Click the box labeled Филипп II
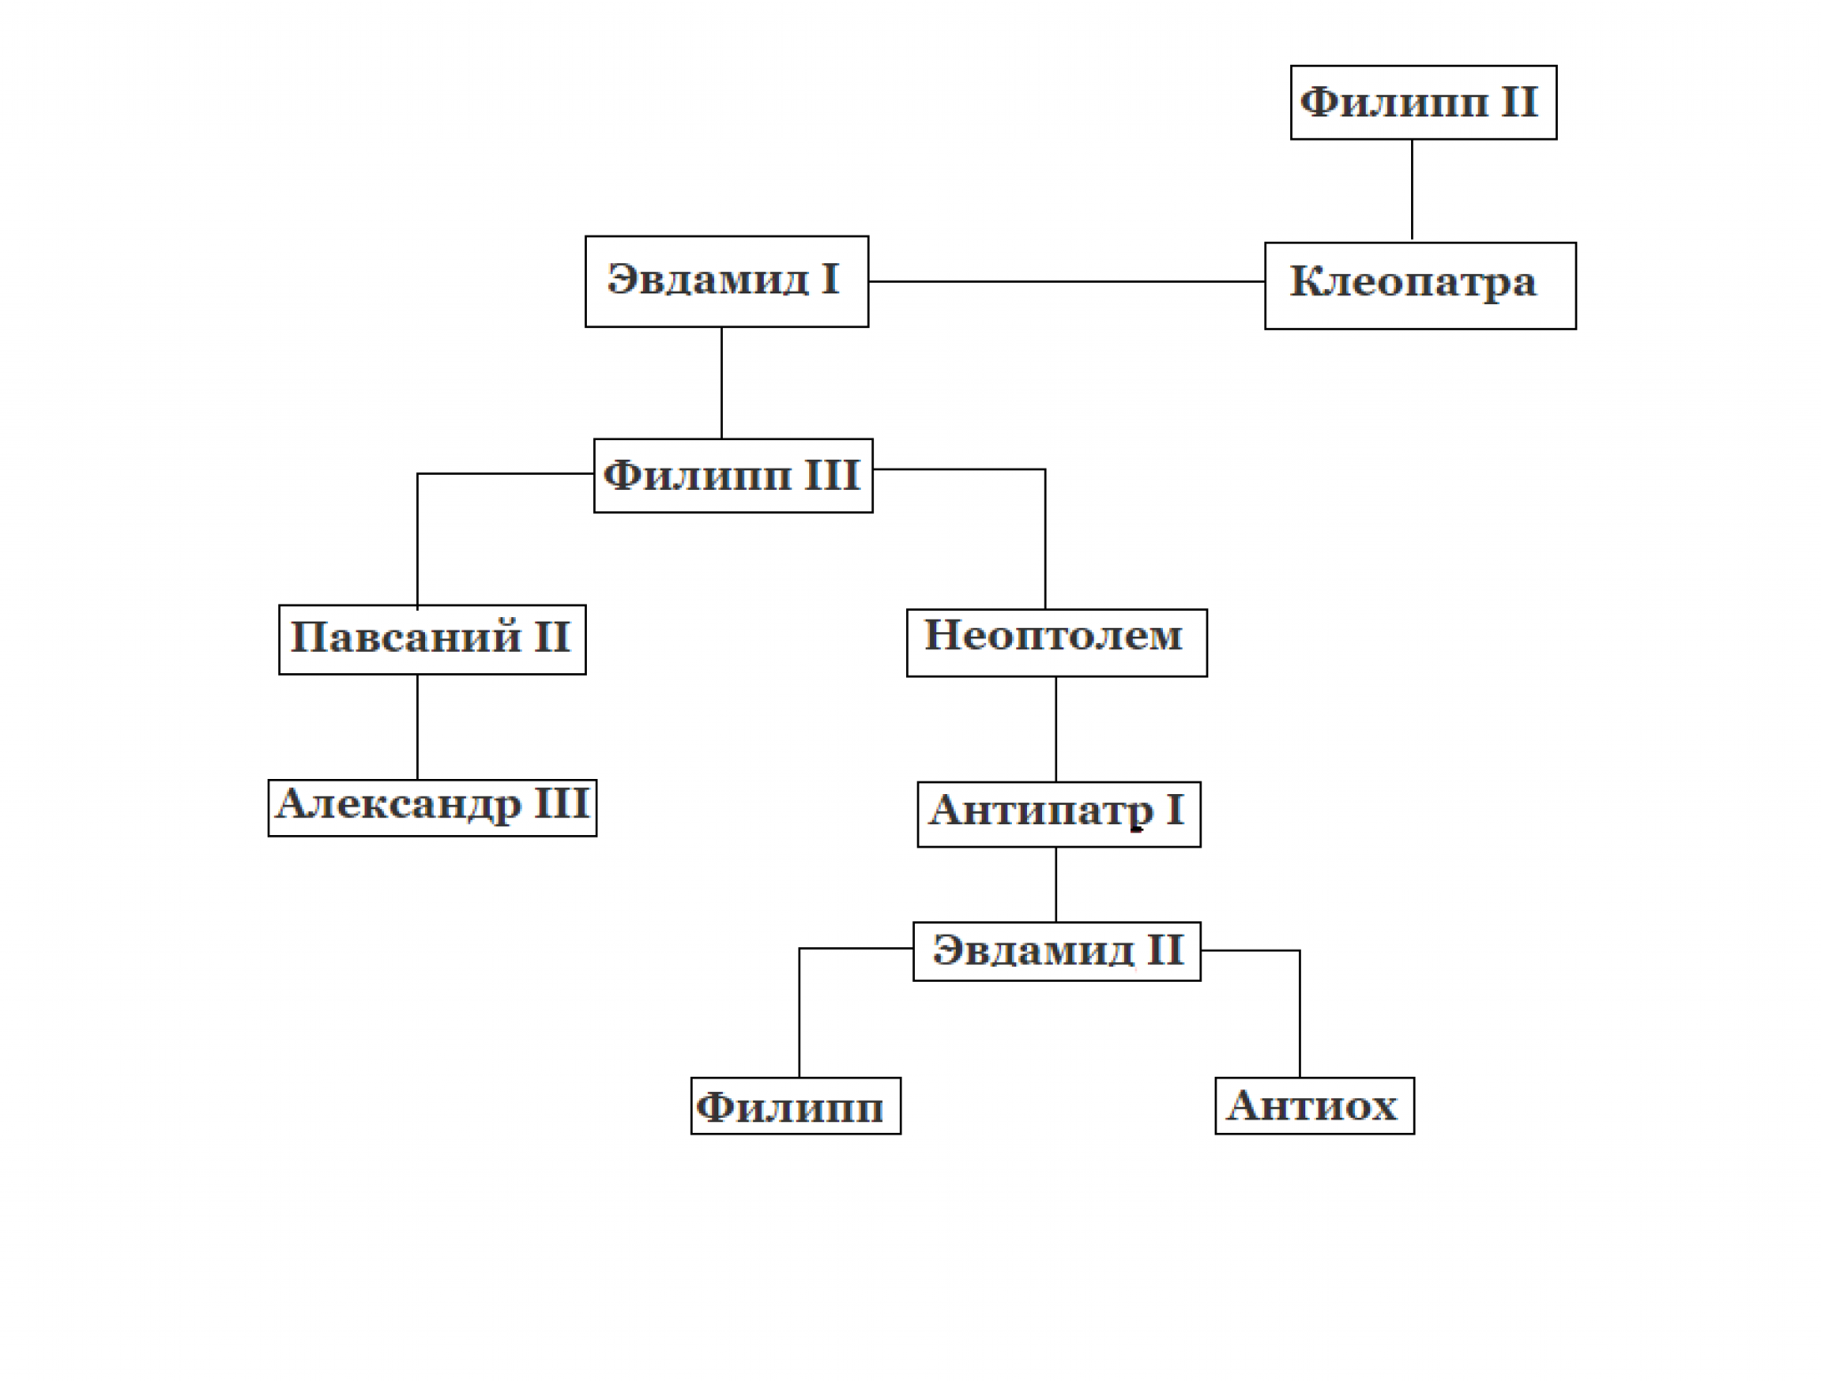click(x=1424, y=102)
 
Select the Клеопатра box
click(x=1420, y=285)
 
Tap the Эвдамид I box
click(x=726, y=281)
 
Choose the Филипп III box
click(x=734, y=476)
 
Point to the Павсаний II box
click(x=432, y=639)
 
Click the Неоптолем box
click(x=1057, y=643)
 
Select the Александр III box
click(x=432, y=807)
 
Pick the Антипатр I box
click(x=1059, y=814)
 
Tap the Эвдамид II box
click(x=1057, y=951)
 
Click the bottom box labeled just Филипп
click(x=796, y=1105)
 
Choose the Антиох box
click(x=1314, y=1105)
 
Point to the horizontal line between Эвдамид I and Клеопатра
click(x=1067, y=281)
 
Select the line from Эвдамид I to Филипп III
click(x=721, y=383)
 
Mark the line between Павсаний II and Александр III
click(x=417, y=727)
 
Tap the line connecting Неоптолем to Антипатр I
click(x=1055, y=730)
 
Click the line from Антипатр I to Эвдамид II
click(x=1055, y=885)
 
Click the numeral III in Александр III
click(x=561, y=804)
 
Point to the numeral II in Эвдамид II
click(x=1165, y=950)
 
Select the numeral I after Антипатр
click(x=1174, y=810)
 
